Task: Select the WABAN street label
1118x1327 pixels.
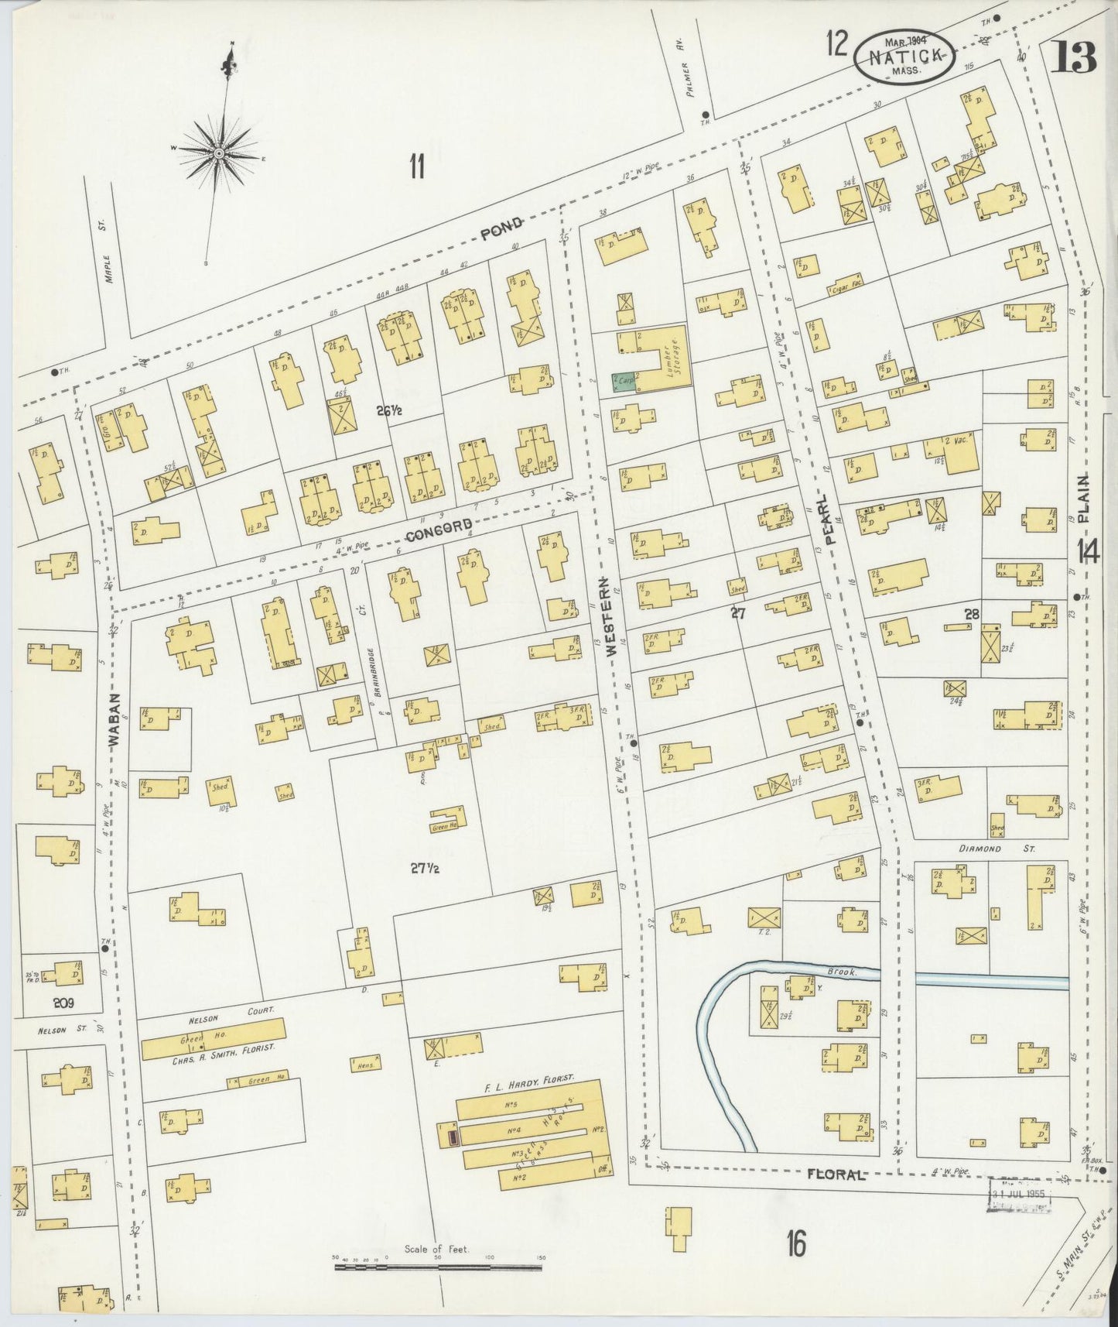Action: (x=115, y=719)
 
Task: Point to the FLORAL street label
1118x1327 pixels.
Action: (x=835, y=1174)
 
